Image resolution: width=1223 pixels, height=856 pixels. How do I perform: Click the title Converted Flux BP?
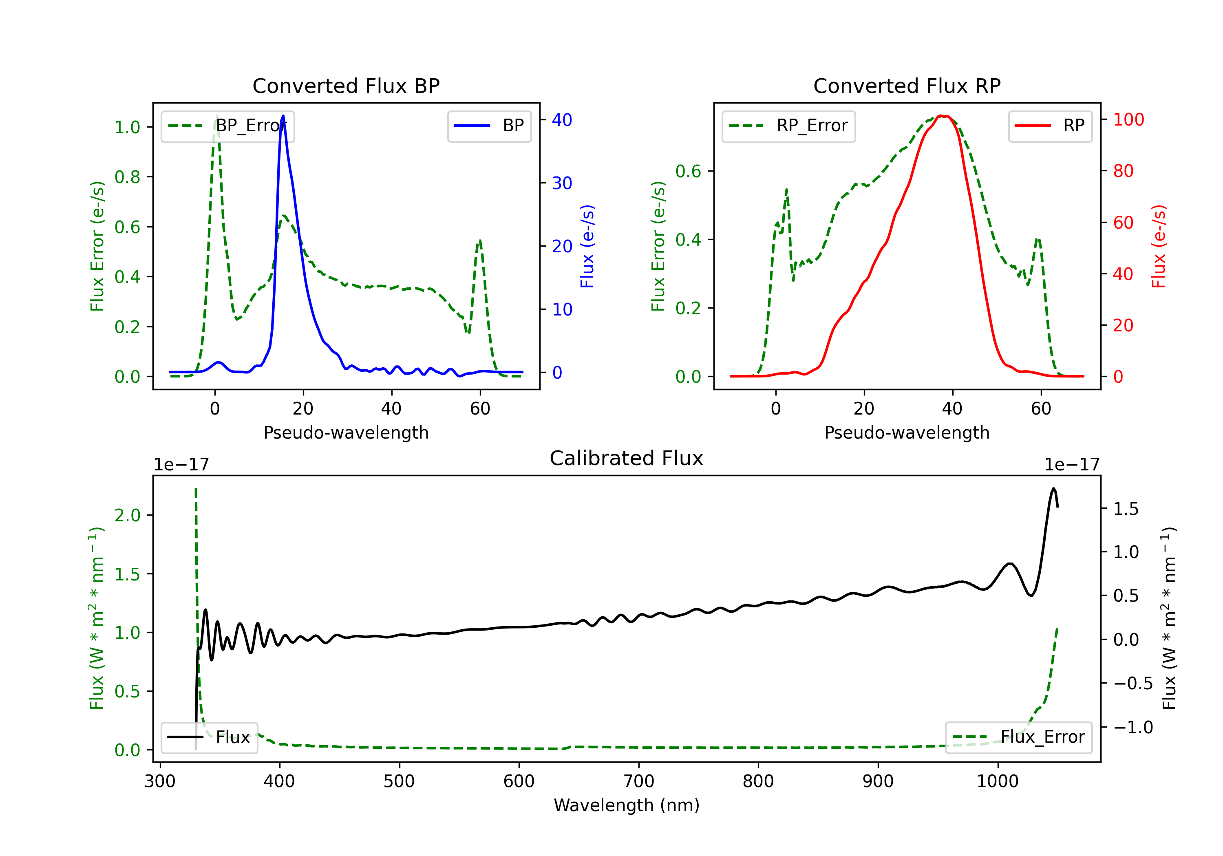[x=346, y=86]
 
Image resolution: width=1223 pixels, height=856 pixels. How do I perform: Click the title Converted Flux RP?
[x=907, y=86]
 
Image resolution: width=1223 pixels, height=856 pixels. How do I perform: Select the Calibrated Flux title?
[x=627, y=458]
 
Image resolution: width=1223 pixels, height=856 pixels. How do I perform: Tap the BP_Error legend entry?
[x=227, y=126]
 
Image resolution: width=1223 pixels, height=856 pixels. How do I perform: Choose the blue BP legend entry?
[x=489, y=126]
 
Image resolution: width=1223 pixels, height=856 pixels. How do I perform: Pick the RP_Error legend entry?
[x=788, y=126]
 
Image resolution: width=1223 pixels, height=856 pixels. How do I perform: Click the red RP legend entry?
[x=1050, y=126]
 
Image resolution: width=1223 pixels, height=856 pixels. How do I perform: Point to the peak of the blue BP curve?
[x=283, y=116]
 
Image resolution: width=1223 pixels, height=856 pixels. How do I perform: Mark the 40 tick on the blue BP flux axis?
[x=561, y=120]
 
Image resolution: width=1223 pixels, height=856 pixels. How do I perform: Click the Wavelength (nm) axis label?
[x=627, y=805]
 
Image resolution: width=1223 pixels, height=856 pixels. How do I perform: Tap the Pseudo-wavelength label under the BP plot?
[x=346, y=432]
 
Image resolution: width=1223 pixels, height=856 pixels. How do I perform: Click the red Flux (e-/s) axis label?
[x=1159, y=246]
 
